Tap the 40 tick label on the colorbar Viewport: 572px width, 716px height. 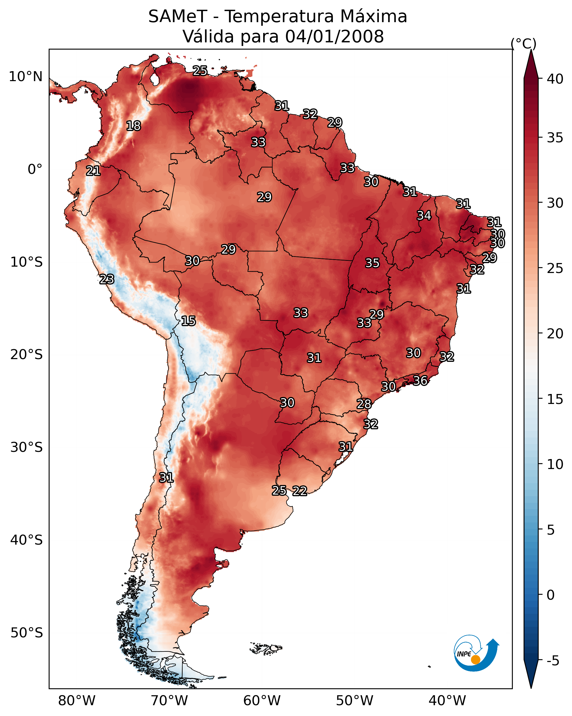[555, 79]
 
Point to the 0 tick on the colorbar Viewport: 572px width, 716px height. [540, 595]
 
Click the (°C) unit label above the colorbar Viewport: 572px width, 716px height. [523, 43]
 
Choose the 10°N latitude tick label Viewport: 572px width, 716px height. [25, 77]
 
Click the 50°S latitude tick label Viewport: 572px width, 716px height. [27, 633]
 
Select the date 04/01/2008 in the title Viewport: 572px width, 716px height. [334, 36]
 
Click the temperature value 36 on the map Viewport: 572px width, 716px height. [420, 381]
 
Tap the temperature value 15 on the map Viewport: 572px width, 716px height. [188, 321]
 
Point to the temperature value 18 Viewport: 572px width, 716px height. [133, 126]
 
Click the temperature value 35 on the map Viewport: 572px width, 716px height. [372, 263]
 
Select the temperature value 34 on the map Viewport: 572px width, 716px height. [424, 215]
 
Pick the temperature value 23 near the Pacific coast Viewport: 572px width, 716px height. [107, 279]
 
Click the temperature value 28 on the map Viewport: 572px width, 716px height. [364, 404]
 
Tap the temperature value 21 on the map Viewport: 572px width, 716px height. [93, 171]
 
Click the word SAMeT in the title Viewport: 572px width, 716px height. [178, 16]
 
